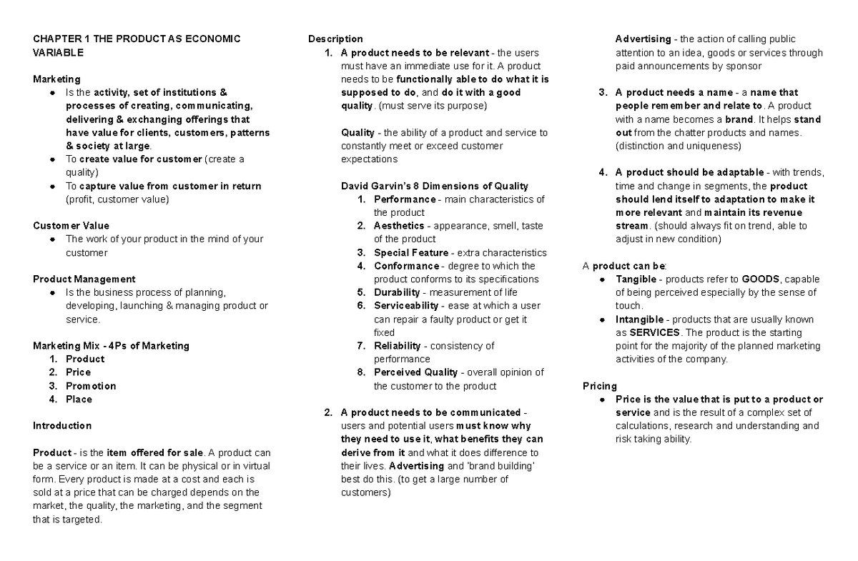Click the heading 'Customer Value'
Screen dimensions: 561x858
tap(71, 226)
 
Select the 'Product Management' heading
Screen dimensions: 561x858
tap(84, 279)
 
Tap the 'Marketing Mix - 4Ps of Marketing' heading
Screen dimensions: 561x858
tap(111, 346)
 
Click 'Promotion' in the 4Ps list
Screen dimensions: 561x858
tap(91, 386)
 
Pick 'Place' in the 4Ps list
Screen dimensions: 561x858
tap(79, 399)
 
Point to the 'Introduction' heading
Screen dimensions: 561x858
tap(62, 426)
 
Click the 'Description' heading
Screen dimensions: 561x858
tap(335, 39)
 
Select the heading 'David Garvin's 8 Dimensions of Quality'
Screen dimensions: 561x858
tap(434, 186)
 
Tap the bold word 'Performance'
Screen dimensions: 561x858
tap(404, 199)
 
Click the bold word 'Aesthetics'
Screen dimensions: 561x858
tap(399, 226)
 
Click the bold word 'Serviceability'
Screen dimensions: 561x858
tap(406, 306)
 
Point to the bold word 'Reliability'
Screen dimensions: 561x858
tap(398, 346)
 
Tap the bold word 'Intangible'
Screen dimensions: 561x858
tap(638, 319)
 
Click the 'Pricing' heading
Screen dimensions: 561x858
tap(600, 386)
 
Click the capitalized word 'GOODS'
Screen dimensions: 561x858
tap(761, 279)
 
